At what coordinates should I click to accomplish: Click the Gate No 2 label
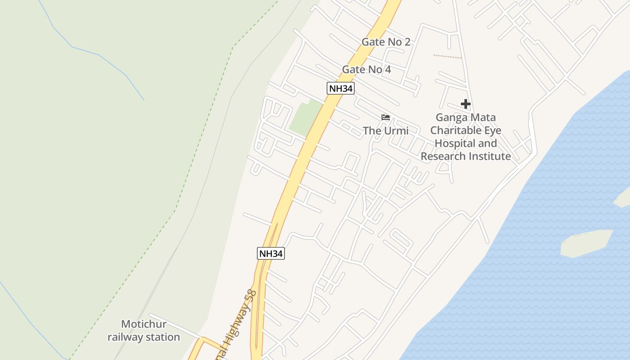click(x=386, y=42)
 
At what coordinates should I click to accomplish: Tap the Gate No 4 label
click(x=366, y=69)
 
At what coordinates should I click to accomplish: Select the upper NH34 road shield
click(x=340, y=88)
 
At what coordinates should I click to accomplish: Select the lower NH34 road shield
click(x=271, y=253)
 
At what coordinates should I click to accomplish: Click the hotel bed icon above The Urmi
click(x=386, y=118)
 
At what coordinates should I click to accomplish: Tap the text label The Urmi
click(x=386, y=131)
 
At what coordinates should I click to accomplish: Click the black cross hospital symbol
click(x=466, y=104)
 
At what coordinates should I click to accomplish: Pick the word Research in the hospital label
click(x=443, y=156)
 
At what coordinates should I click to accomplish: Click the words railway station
click(x=144, y=337)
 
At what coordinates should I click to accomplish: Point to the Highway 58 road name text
click(x=241, y=315)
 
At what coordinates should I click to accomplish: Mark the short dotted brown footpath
click(x=447, y=57)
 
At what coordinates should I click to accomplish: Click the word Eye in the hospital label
click(x=492, y=130)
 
